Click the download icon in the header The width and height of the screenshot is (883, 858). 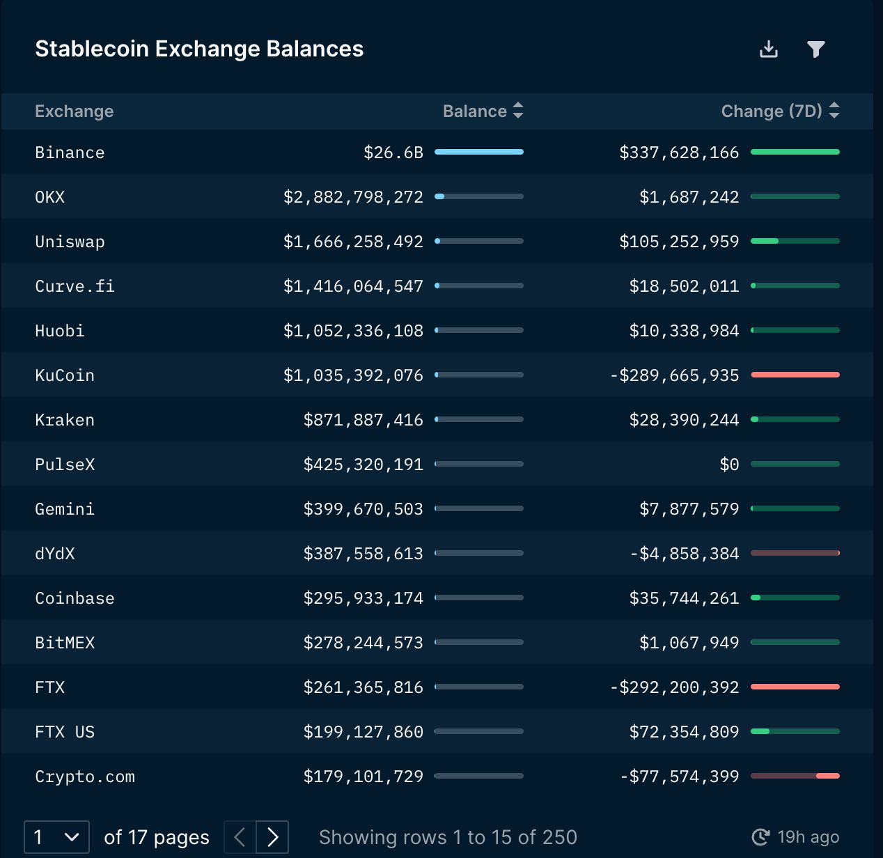coord(769,49)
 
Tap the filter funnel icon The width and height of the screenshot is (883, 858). coord(815,49)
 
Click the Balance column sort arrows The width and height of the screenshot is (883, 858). coord(518,111)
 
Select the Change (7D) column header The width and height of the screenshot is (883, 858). coord(772,111)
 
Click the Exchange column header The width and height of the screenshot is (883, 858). coord(74,111)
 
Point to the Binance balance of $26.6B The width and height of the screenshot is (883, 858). coord(393,153)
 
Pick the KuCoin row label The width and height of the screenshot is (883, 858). coord(65,375)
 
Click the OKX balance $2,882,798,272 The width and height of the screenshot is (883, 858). coord(353,197)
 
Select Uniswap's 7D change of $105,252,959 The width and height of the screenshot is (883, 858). coord(679,242)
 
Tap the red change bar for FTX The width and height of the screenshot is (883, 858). coord(795,687)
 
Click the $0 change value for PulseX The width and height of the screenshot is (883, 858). coord(729,465)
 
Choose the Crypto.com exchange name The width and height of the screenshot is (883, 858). coord(85,777)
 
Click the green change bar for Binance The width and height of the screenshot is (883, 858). coord(795,152)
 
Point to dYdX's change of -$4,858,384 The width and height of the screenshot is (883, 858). coord(685,554)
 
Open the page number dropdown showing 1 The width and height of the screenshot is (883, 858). coord(56,837)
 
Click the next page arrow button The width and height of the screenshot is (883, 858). coord(272,837)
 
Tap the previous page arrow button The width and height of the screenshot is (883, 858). coord(240,837)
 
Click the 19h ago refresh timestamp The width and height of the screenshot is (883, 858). coord(796,837)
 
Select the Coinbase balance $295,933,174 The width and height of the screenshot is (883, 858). coord(363,598)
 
